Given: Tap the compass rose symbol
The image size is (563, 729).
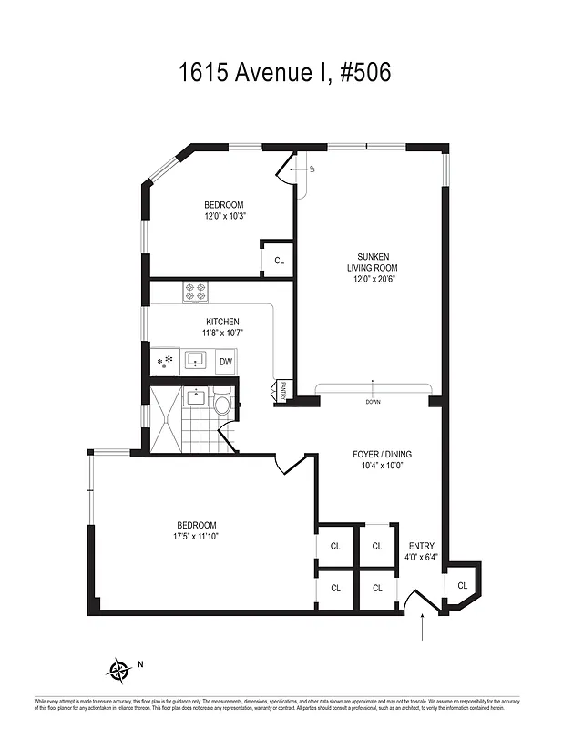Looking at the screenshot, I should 119,673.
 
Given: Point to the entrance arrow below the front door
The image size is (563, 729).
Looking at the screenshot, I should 424,629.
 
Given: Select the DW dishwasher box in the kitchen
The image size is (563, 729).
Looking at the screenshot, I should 225,362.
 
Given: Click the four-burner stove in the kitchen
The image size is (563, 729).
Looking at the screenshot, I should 195,293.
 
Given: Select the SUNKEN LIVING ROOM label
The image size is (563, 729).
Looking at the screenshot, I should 372,262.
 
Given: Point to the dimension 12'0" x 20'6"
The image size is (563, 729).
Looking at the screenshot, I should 372,280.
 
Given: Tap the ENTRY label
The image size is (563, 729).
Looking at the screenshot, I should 422,546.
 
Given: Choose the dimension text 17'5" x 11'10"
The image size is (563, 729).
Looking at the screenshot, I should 196,536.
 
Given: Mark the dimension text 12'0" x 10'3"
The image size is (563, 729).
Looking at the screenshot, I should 225,216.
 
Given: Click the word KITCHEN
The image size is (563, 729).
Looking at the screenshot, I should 222,322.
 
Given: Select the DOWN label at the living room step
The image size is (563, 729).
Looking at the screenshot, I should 373,402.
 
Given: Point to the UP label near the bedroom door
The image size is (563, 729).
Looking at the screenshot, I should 311,169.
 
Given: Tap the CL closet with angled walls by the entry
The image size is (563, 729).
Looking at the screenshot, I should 462,585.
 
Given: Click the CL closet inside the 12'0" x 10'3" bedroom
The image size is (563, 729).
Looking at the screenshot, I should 279,261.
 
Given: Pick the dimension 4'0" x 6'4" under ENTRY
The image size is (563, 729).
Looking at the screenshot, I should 422,557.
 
